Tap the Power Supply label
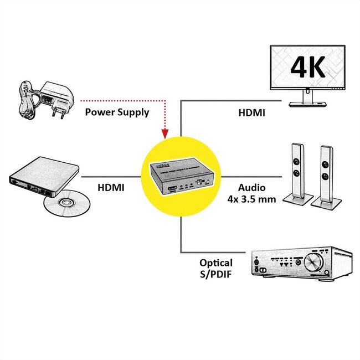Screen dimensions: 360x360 tap(117, 112)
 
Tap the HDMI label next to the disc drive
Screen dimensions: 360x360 tap(111, 188)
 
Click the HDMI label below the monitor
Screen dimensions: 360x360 tap(251, 112)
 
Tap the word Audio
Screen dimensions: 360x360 tap(252, 188)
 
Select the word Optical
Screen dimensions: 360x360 tap(216, 263)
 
